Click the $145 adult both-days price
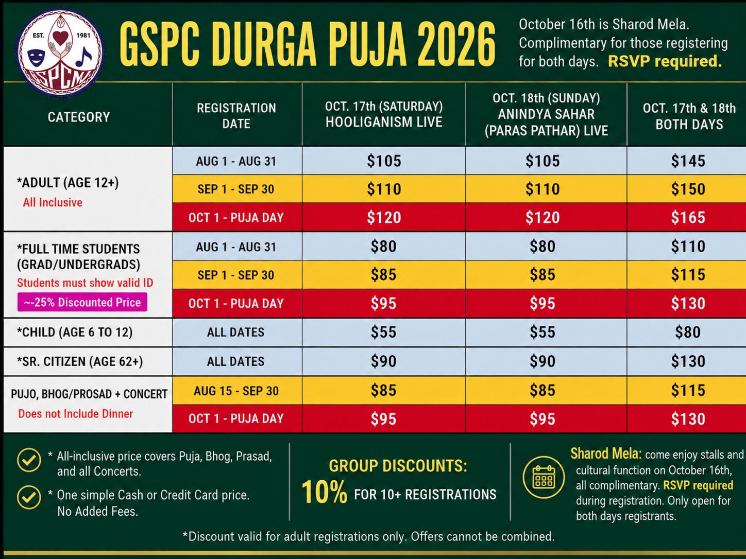688,161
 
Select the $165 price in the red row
688,218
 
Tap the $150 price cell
688,189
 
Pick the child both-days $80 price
688,332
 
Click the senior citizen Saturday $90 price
383,361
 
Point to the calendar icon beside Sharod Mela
544,477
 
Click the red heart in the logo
60,38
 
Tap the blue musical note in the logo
83,56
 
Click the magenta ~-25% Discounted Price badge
82,302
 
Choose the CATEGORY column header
79,117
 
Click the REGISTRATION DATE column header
236,116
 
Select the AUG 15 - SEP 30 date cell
236,391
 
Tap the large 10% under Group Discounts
324,492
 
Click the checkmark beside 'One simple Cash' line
29,497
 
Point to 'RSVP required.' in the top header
665,62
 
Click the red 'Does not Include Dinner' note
75,414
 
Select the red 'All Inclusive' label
53,203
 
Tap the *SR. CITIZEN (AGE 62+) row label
80,361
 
